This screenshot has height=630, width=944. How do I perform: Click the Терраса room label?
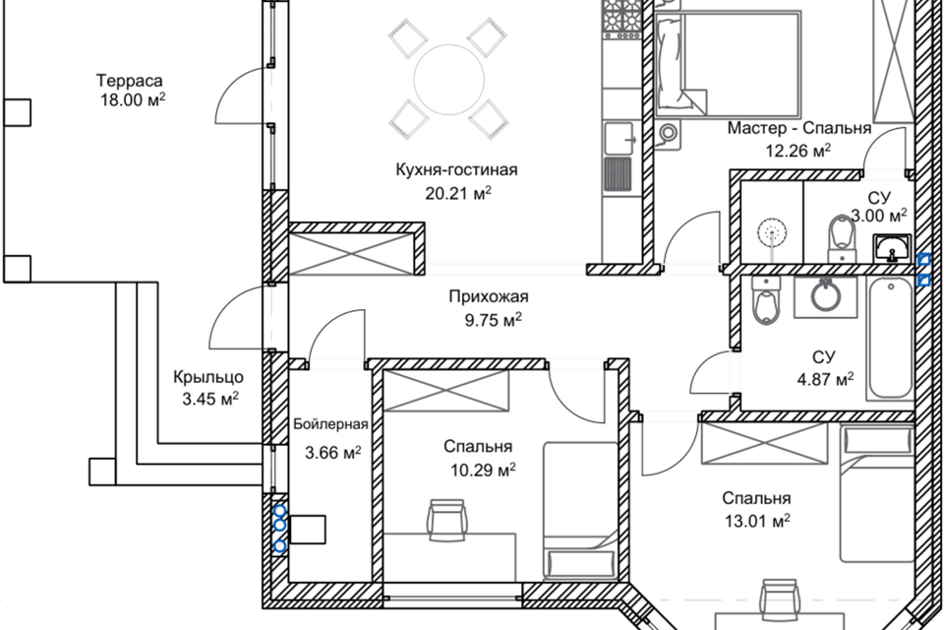pyautogui.click(x=130, y=80)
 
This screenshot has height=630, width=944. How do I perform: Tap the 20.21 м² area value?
pyautogui.click(x=458, y=193)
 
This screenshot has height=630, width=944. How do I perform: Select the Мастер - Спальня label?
pyautogui.click(x=798, y=128)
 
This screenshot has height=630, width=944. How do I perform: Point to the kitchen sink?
pyautogui.click(x=619, y=138)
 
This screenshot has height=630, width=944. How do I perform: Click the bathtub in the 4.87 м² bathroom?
pyautogui.click(x=891, y=339)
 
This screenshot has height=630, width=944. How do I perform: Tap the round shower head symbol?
pyautogui.click(x=773, y=232)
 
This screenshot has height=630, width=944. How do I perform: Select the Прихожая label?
pyautogui.click(x=489, y=296)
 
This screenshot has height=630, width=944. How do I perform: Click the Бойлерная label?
pyautogui.click(x=330, y=424)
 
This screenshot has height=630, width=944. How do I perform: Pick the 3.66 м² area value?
pyautogui.click(x=333, y=452)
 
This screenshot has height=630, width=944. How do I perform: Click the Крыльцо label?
pyautogui.click(x=208, y=377)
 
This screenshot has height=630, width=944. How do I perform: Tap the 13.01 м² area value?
pyautogui.click(x=757, y=521)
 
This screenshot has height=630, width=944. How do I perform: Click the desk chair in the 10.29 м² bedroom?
pyautogui.click(x=446, y=517)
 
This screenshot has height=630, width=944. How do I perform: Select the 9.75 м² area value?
pyautogui.click(x=493, y=320)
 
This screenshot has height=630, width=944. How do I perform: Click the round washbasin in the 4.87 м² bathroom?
pyautogui.click(x=825, y=295)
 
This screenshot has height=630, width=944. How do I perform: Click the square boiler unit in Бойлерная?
pyautogui.click(x=308, y=530)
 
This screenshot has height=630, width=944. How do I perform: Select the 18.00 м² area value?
pyautogui.click(x=133, y=100)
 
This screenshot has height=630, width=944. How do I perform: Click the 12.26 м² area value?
pyautogui.click(x=798, y=151)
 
